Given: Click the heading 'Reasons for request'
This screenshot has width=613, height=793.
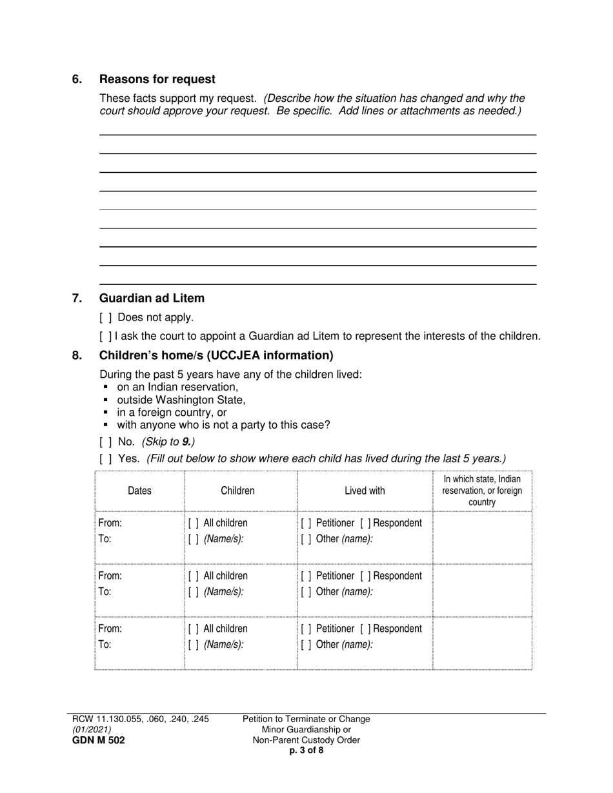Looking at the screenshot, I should click(x=157, y=79).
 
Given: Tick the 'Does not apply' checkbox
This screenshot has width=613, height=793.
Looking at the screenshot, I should click(x=106, y=318).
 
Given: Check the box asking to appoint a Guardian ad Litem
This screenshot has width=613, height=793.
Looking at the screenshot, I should click(x=106, y=337).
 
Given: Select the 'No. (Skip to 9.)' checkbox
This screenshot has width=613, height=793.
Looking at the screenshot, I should click(x=106, y=442).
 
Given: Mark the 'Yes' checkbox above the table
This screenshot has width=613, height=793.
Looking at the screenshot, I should click(x=106, y=459).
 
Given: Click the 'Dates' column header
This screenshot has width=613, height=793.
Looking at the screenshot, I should click(x=139, y=491).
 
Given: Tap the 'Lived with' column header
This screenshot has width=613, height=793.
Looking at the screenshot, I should click(x=365, y=491).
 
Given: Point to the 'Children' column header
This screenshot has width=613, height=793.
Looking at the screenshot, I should click(x=237, y=491).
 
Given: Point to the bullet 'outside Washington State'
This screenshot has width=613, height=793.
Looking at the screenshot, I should click(x=181, y=400).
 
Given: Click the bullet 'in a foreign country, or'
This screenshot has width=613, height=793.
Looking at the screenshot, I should click(x=172, y=413).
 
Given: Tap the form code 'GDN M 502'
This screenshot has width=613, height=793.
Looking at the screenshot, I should click(x=99, y=740).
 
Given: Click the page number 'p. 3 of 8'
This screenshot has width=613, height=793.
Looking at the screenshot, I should click(x=306, y=750).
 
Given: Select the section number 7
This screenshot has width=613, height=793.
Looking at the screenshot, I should click(x=77, y=299).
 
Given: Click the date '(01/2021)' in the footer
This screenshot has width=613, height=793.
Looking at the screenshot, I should click(x=92, y=730).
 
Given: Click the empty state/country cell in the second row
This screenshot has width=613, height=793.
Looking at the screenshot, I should click(x=482, y=590).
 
